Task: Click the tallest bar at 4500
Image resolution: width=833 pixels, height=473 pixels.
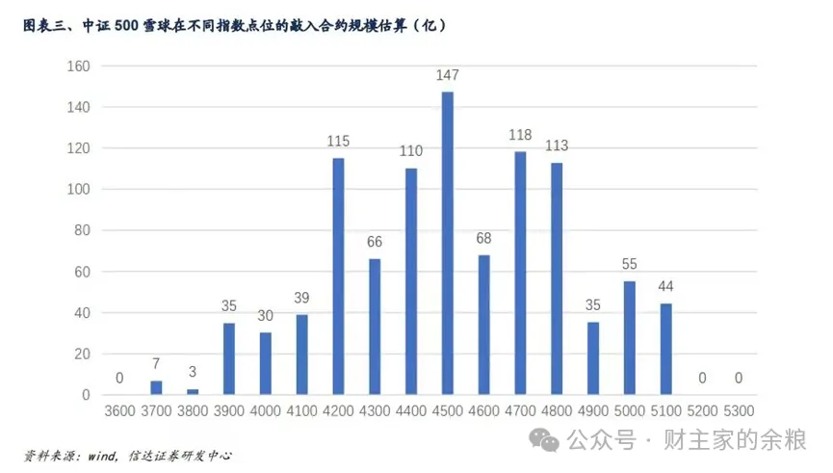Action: (448, 243)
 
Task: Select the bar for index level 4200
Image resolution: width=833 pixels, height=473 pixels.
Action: (338, 276)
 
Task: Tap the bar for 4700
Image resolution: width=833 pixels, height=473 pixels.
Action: (520, 273)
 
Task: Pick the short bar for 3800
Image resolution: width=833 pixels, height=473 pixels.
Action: (193, 391)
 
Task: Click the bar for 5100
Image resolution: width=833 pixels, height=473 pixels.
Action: (666, 350)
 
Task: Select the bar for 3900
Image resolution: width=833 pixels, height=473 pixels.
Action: (229, 358)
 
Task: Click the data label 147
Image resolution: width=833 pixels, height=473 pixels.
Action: (448, 74)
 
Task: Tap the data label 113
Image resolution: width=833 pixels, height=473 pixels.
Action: (557, 145)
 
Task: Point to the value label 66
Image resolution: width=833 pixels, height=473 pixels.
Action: (375, 241)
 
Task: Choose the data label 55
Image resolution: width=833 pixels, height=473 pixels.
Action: (630, 263)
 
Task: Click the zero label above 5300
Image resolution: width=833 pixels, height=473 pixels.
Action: (739, 378)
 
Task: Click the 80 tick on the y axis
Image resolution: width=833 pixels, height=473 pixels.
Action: (83, 230)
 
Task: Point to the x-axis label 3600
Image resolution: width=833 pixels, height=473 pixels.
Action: (119, 410)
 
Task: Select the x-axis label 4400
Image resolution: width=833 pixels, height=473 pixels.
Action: (411, 410)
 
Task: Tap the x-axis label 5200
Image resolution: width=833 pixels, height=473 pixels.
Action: (702, 410)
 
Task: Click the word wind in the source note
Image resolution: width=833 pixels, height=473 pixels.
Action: (95, 455)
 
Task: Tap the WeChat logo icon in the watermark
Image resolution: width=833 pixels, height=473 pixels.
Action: (549, 441)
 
